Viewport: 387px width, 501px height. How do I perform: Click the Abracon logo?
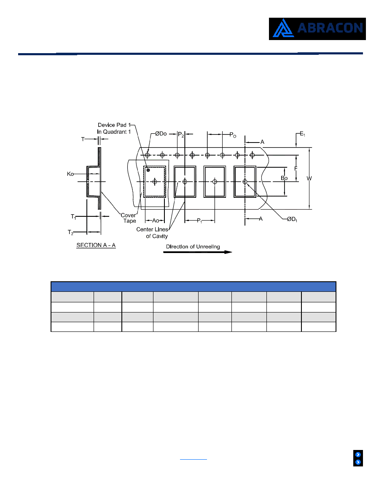[x=317, y=29]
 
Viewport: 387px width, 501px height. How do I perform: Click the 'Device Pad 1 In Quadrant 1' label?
[x=114, y=129]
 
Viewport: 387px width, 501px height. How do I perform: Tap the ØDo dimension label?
[x=161, y=134]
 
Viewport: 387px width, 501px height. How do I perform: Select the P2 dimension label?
[x=181, y=135]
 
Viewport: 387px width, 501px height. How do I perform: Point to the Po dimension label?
[x=233, y=135]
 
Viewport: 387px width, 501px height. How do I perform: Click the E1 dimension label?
[x=302, y=134]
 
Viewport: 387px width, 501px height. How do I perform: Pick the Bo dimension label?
[x=284, y=178]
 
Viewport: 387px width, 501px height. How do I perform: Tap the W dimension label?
[x=309, y=179]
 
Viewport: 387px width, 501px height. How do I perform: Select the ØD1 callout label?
[x=292, y=220]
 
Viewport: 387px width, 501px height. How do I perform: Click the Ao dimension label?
[x=156, y=221]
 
